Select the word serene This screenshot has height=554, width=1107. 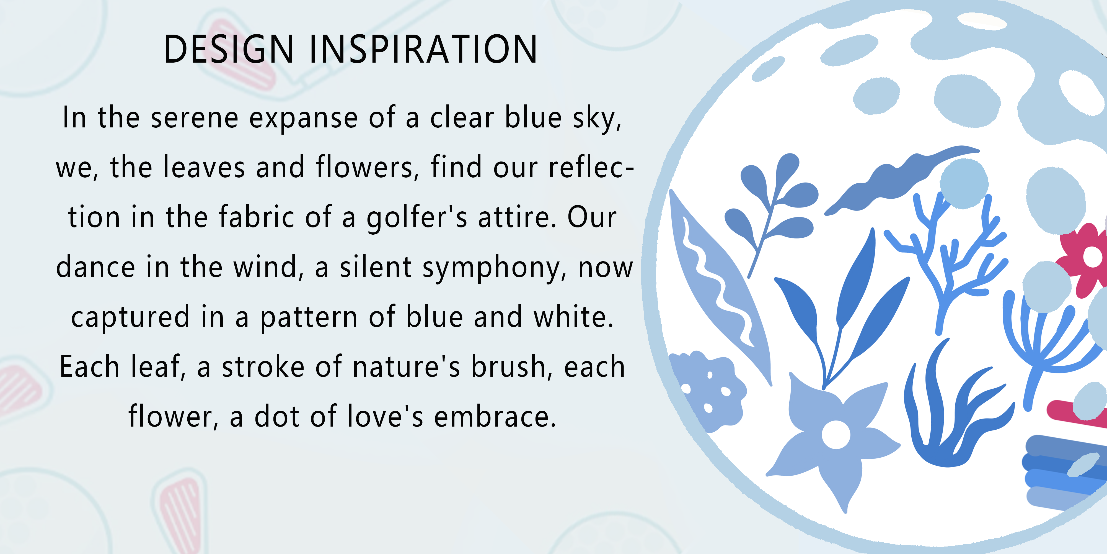pyautogui.click(x=195, y=118)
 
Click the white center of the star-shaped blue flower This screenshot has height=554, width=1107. pyautogui.click(x=836, y=434)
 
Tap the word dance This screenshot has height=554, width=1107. pyautogui.click(x=96, y=267)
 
